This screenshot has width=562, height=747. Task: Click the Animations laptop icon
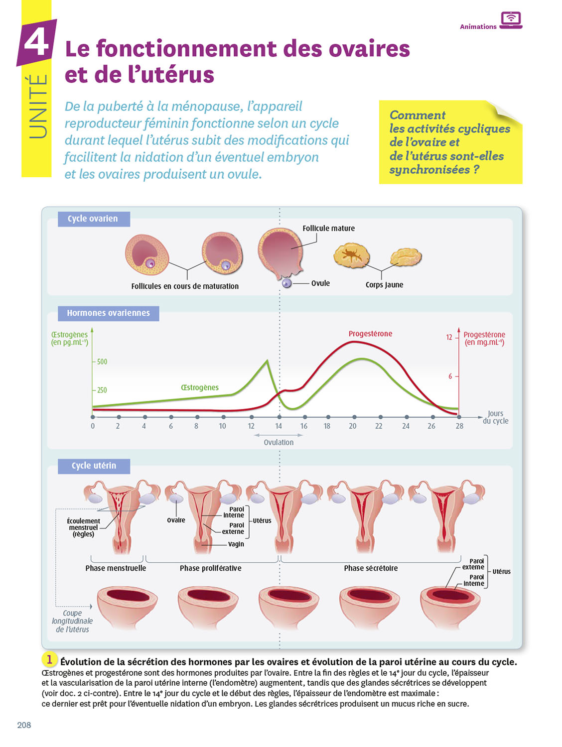pos(511,20)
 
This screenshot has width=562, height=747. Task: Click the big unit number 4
pos(37,43)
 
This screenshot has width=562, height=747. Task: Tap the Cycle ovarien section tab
pos(93,219)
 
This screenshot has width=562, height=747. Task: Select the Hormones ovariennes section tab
pos(108,313)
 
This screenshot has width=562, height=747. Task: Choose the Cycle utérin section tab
pos(94,466)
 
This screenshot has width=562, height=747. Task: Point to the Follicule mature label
pos(329,228)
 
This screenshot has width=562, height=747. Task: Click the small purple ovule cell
pos(286,283)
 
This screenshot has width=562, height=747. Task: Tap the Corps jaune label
pos(384,285)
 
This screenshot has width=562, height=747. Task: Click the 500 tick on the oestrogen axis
pos(102,362)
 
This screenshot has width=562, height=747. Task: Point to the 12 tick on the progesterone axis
pos(449,337)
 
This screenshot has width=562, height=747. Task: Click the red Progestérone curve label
pos(370,334)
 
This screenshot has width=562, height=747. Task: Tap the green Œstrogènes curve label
pos(200,387)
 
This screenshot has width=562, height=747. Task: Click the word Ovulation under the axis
pos(279,442)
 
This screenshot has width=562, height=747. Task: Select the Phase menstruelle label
pos(116,568)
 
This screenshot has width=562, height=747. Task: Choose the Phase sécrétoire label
pos(371,568)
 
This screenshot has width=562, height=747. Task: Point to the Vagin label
pos(236,544)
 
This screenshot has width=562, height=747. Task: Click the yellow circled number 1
pos(49,660)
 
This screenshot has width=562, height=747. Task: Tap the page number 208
pos(24,725)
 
